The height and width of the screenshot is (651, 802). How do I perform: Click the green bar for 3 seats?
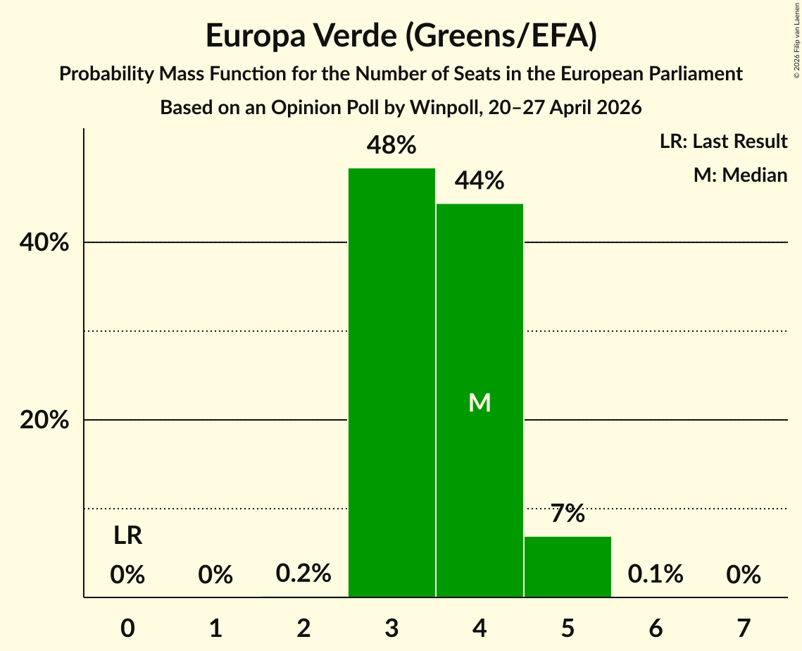(x=391, y=383)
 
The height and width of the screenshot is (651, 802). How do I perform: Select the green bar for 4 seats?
(x=480, y=400)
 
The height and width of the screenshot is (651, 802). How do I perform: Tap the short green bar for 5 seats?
(x=568, y=566)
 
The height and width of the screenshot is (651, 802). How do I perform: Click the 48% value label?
(x=391, y=145)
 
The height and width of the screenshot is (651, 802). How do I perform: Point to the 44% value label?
(x=480, y=180)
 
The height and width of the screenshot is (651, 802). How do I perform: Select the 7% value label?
(x=568, y=513)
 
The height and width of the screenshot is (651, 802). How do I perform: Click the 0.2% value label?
(x=303, y=573)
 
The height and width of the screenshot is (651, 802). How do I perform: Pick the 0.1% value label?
(x=656, y=573)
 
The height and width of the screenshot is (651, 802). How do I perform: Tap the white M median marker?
(x=480, y=403)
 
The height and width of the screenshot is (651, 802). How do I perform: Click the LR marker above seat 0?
(x=128, y=535)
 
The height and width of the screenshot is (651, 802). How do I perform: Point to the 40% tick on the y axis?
(x=44, y=242)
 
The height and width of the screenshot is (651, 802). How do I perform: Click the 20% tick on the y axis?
(x=44, y=420)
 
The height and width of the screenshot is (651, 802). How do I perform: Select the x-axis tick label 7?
(x=744, y=628)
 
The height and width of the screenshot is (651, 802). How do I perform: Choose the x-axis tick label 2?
(x=303, y=628)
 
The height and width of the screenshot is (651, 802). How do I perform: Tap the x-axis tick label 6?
(x=656, y=628)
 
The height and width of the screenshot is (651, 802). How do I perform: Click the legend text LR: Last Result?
(x=724, y=141)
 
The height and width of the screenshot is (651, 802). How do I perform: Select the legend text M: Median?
(x=741, y=175)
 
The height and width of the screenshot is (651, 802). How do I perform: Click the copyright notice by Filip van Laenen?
(x=797, y=40)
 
